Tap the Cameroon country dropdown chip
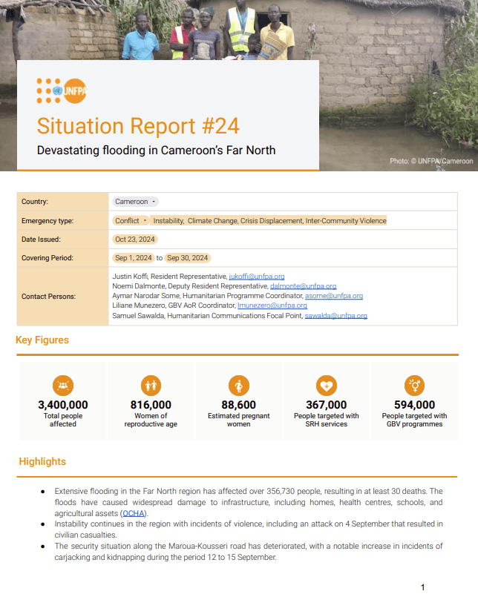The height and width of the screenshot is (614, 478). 134,202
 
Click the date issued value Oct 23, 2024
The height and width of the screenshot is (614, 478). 134,240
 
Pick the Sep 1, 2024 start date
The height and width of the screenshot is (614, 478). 134,258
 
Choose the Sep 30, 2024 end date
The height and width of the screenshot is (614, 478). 187,258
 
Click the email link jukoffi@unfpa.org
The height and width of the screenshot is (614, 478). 256,276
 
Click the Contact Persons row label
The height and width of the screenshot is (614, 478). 48,296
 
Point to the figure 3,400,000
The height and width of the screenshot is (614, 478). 63,405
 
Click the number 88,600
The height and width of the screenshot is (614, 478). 238,405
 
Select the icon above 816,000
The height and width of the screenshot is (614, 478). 151,386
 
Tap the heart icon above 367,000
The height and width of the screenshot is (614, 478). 326,386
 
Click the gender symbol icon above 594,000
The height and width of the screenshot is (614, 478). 413,386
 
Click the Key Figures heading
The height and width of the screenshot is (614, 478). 42,340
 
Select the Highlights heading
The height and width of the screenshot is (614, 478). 42,462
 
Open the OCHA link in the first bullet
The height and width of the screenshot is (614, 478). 134,513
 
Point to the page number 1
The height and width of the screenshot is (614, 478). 422,587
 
